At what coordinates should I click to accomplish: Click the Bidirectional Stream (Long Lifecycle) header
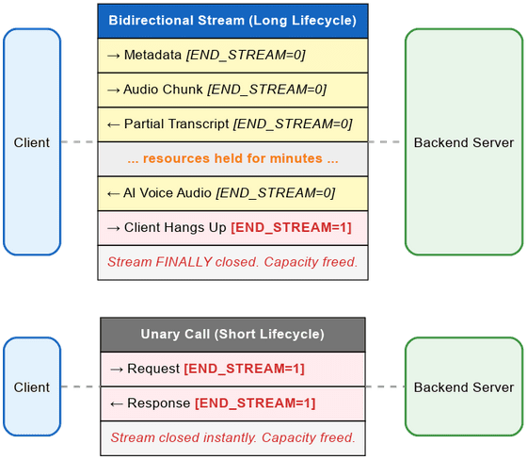click(232, 21)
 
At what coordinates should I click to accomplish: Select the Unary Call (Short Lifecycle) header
click(232, 335)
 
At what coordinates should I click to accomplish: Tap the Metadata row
click(232, 56)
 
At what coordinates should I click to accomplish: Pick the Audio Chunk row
click(232, 90)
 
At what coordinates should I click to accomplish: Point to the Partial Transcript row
click(232, 124)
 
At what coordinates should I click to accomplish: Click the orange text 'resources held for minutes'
click(232, 158)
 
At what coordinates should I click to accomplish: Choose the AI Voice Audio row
click(232, 193)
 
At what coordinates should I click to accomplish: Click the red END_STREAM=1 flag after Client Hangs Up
click(291, 227)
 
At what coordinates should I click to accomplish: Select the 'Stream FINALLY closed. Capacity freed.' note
click(232, 262)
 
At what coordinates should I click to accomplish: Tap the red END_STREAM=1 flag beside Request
click(244, 369)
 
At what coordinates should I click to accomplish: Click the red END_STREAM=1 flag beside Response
click(255, 403)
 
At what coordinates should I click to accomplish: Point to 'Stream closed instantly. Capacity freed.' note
click(232, 438)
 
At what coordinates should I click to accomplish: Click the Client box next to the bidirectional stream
click(32, 141)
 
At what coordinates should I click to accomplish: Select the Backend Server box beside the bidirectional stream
click(464, 141)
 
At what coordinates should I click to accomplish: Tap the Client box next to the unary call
click(32, 386)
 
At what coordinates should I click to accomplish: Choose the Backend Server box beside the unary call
click(464, 386)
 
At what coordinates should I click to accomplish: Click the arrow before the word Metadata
click(114, 56)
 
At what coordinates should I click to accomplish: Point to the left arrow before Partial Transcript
click(114, 125)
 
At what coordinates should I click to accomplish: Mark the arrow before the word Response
click(117, 403)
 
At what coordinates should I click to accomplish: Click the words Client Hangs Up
click(175, 227)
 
